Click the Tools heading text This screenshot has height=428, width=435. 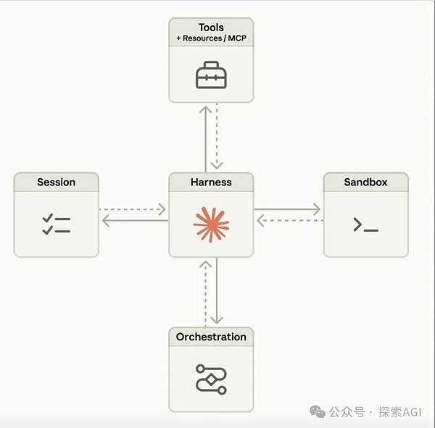(x=211, y=28)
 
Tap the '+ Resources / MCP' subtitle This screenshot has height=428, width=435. (x=211, y=39)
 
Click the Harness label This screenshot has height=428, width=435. (x=211, y=182)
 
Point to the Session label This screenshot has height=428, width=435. (x=57, y=182)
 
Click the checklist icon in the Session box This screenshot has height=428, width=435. (x=57, y=224)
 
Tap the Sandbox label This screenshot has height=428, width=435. (x=365, y=182)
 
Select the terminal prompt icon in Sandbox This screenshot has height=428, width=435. (x=365, y=225)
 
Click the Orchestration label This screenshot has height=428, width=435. (x=211, y=337)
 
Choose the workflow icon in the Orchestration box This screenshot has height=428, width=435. (x=211, y=379)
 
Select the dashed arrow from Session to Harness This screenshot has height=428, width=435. (x=133, y=209)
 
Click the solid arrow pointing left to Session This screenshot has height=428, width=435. (x=133, y=221)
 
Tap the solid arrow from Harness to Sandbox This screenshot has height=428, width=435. (x=288, y=209)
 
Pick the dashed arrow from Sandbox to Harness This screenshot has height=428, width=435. (x=288, y=221)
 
